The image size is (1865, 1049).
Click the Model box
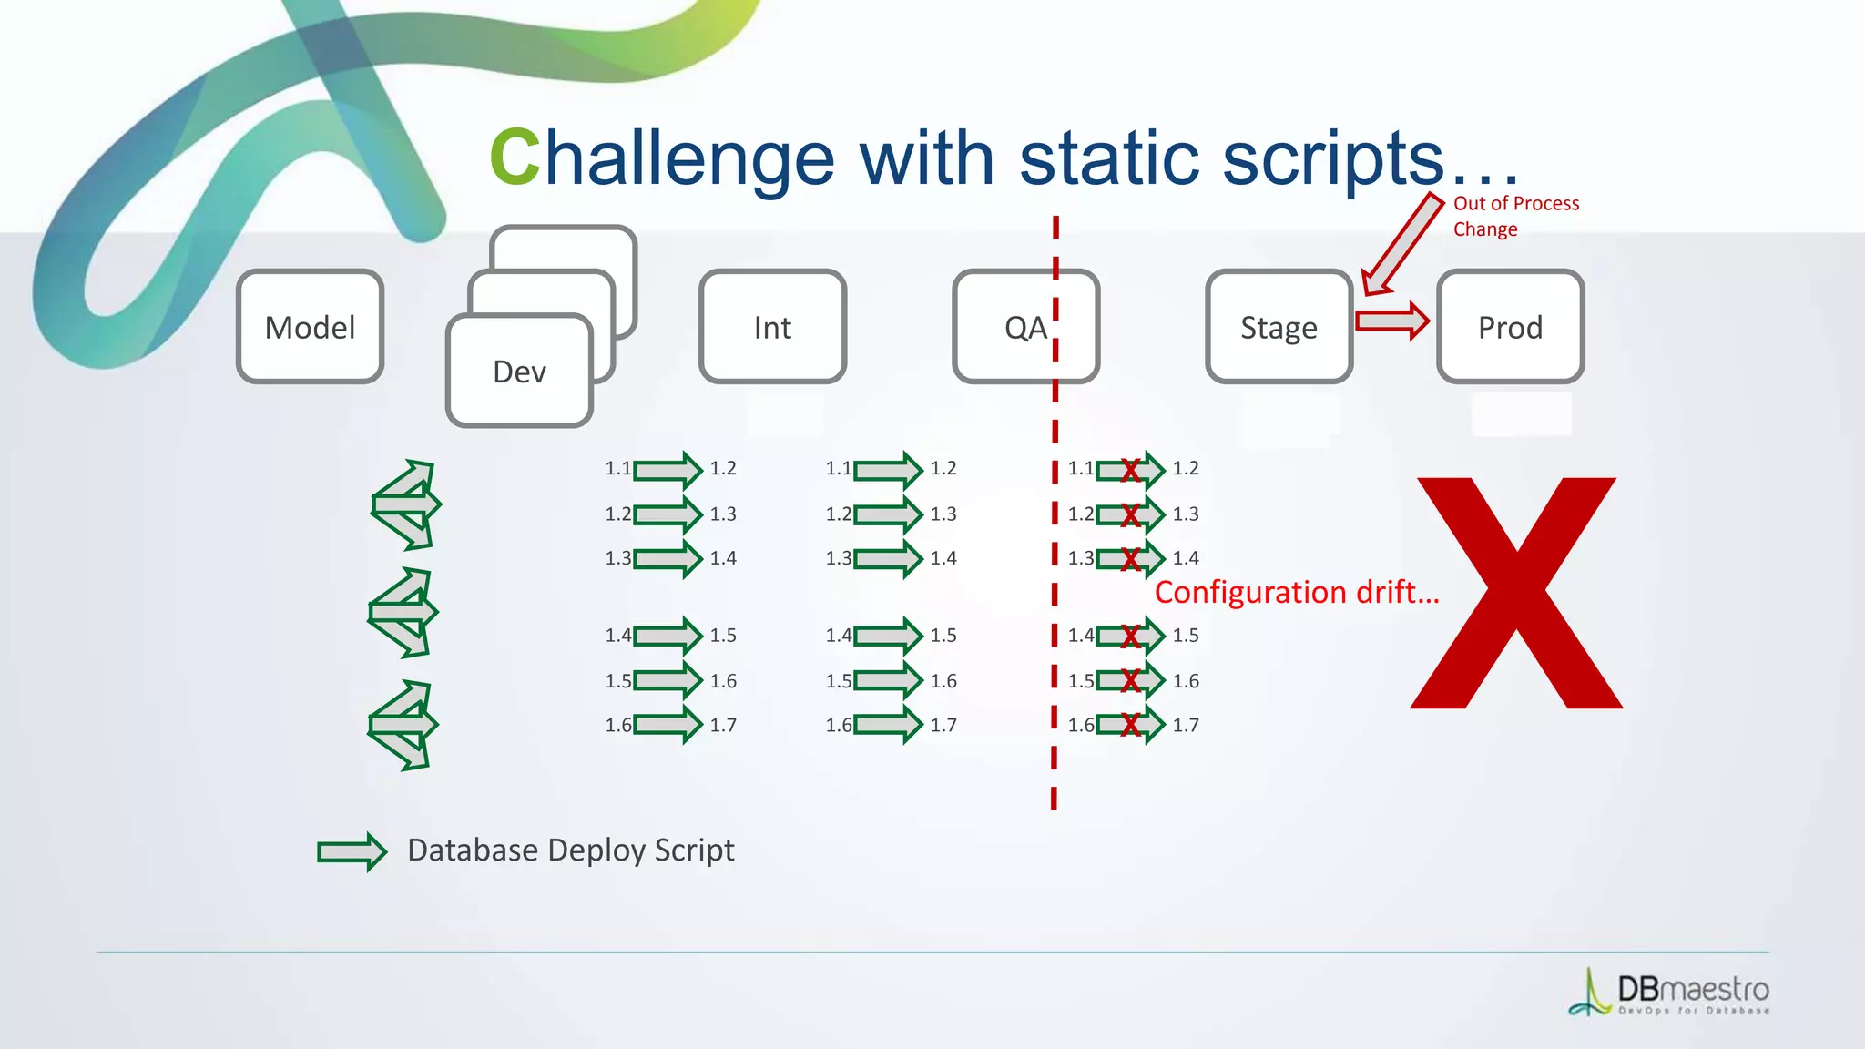(x=310, y=327)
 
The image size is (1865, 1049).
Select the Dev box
(x=519, y=371)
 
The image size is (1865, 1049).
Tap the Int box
(x=772, y=327)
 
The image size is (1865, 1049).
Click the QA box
(x=1025, y=327)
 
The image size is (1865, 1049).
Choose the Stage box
(x=1279, y=327)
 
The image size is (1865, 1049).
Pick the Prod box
(x=1510, y=327)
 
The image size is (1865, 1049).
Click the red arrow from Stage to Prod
(x=1391, y=321)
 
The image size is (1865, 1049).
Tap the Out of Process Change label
(x=1514, y=216)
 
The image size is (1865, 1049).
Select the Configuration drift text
(x=1297, y=592)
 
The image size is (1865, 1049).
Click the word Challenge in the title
(x=661, y=158)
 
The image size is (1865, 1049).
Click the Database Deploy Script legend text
(x=570, y=850)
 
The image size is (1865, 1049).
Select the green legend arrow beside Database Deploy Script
(x=352, y=851)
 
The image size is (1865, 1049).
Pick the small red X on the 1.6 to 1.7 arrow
(x=1130, y=725)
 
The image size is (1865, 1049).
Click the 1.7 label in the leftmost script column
(x=723, y=725)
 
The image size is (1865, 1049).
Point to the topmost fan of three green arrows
(x=406, y=504)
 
